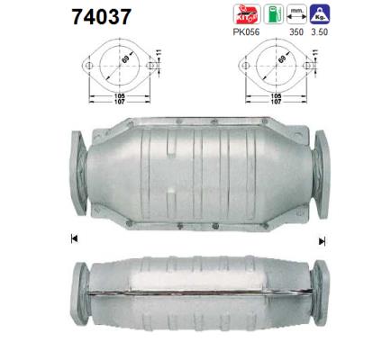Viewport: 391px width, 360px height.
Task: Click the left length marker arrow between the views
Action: [72, 238]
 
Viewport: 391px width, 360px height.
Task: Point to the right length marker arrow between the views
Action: [322, 240]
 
